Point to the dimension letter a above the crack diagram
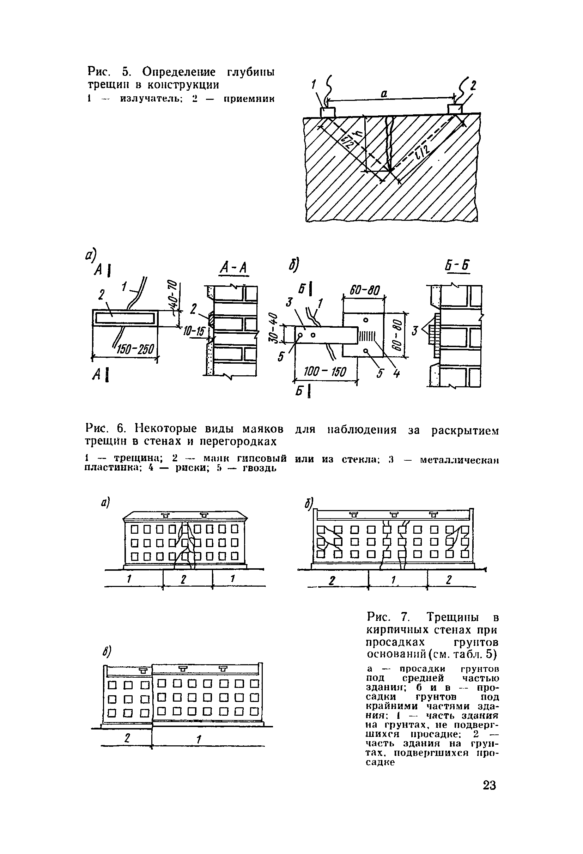click(x=384, y=95)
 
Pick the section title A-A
click(x=233, y=269)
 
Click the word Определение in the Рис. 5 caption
click(x=179, y=72)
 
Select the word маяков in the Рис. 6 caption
click(x=263, y=429)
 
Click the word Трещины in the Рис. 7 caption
click(x=451, y=616)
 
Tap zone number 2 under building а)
click(x=184, y=579)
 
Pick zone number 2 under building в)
click(x=127, y=738)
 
